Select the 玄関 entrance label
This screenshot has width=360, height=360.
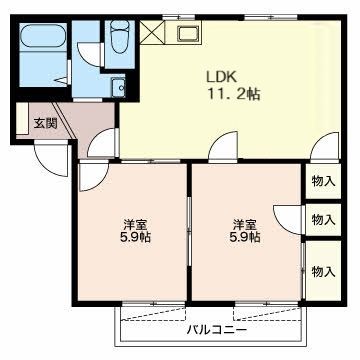45,124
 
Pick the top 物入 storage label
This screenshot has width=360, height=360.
322,181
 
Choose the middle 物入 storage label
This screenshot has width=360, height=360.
322,219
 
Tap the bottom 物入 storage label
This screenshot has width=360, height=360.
322,270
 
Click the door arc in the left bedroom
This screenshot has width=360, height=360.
92,176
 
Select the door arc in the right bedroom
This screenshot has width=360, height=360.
288,218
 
